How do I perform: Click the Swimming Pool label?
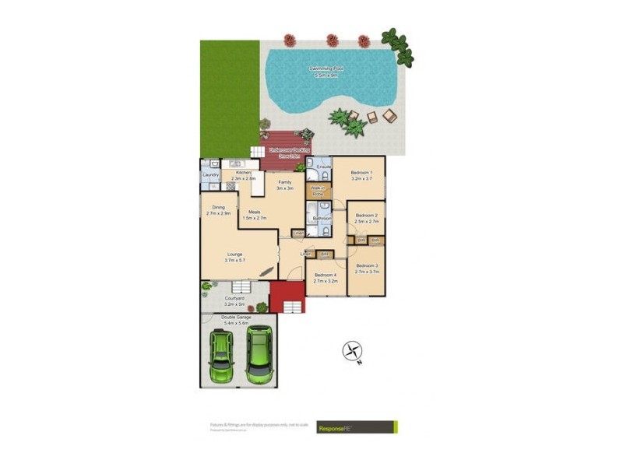tap(326, 69)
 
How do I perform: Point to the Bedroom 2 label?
tap(366, 216)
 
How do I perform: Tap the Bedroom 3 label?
tap(366, 266)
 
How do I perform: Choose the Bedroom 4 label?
tap(325, 275)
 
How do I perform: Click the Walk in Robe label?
tap(318, 191)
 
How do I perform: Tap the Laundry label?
tap(210, 175)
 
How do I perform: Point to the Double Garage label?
tap(237, 318)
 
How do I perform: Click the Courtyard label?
tap(235, 298)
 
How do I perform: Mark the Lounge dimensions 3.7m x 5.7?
tap(235, 260)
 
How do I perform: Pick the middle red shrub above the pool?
tap(333, 39)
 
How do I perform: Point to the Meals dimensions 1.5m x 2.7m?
tap(255, 219)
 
